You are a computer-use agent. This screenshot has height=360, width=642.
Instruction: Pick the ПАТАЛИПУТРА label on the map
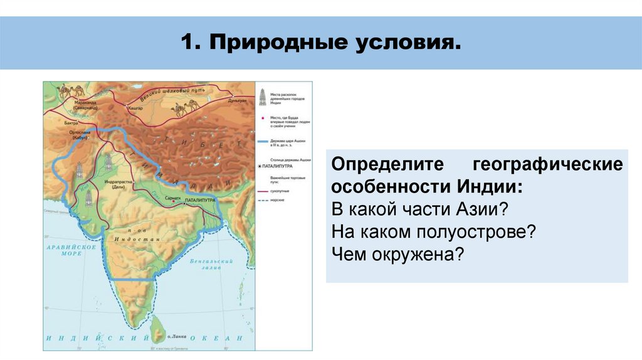200,199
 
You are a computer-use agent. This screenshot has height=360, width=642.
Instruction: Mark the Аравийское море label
65,251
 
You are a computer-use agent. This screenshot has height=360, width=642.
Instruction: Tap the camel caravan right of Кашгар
188,107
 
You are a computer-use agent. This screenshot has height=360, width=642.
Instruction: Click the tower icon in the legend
262,97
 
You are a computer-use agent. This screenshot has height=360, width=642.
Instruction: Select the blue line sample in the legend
263,142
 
